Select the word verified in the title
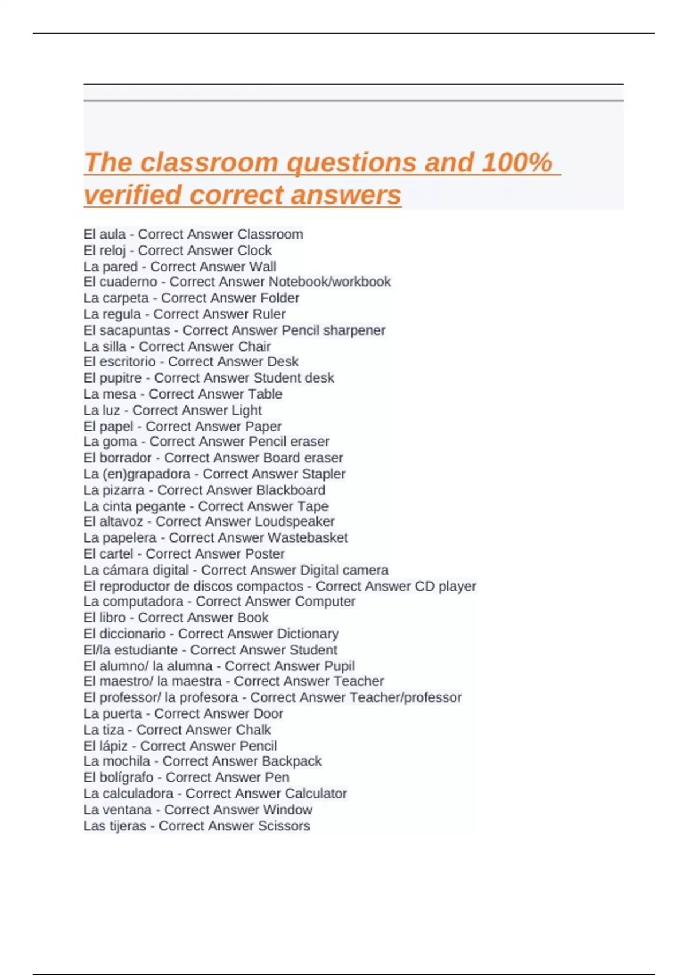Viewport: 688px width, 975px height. point(132,195)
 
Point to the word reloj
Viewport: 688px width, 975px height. point(112,251)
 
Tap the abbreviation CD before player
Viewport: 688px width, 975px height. point(425,586)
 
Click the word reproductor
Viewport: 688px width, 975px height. point(135,586)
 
